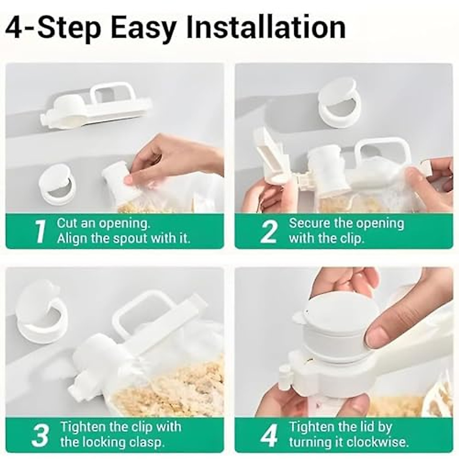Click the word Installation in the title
point(265,28)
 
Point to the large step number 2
point(269,231)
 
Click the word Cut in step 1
point(67,223)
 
